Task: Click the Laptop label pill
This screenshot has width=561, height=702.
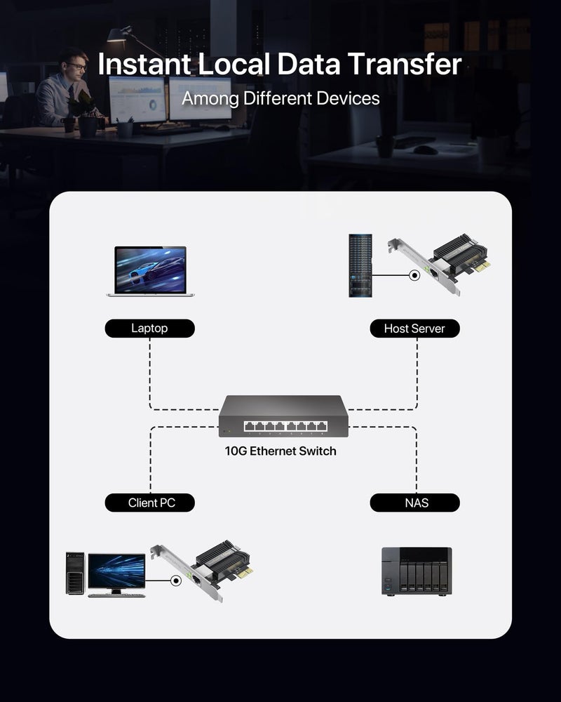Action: (x=149, y=328)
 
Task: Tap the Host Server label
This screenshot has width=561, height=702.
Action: (x=414, y=328)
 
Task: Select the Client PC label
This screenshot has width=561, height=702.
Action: (x=149, y=503)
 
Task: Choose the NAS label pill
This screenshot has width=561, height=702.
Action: (x=414, y=503)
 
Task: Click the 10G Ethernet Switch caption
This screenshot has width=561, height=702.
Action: (x=280, y=451)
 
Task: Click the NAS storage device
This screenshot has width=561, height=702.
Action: (x=417, y=571)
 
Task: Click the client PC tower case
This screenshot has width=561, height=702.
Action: (x=75, y=573)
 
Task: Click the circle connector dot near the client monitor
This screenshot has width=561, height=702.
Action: (x=175, y=580)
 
